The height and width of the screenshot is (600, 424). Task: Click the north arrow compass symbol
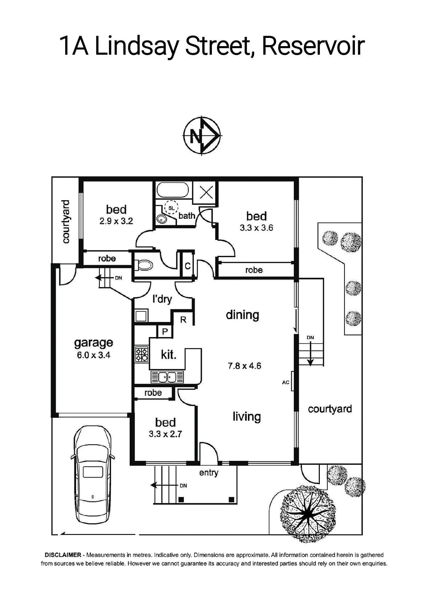click(x=202, y=135)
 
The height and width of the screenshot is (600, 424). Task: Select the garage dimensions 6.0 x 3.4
click(x=93, y=355)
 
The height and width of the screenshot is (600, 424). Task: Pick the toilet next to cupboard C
click(x=143, y=265)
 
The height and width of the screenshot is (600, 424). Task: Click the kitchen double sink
click(x=167, y=377)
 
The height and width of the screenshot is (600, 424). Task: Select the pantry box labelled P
click(x=165, y=332)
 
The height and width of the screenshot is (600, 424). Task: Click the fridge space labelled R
click(x=183, y=319)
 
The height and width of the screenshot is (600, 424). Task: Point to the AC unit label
click(x=286, y=382)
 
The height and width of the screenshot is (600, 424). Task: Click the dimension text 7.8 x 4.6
click(x=244, y=366)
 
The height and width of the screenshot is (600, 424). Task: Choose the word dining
click(x=243, y=315)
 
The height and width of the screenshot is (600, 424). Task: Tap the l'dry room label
click(x=162, y=299)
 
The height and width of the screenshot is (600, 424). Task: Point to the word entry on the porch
click(x=209, y=473)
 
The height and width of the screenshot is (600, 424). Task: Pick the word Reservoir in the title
click(x=313, y=46)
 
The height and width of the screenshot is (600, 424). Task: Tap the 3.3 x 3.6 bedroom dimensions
click(x=256, y=228)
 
